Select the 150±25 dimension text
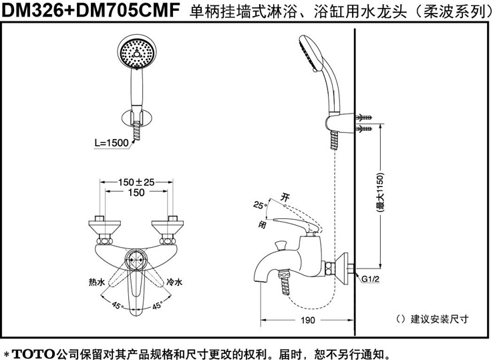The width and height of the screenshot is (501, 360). pyautogui.click(x=136, y=182)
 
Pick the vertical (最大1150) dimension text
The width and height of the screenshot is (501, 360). pyautogui.click(x=379, y=194)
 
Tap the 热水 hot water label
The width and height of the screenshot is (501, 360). pyautogui.click(x=97, y=283)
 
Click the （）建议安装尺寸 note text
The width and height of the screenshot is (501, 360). pyautogui.click(x=431, y=319)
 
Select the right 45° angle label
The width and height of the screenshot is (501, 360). pyautogui.click(x=158, y=306)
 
